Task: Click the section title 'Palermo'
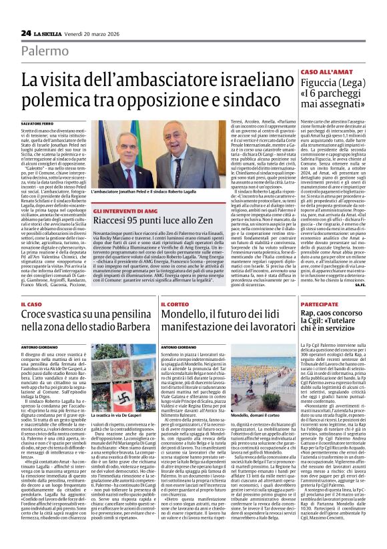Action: (44, 51)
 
